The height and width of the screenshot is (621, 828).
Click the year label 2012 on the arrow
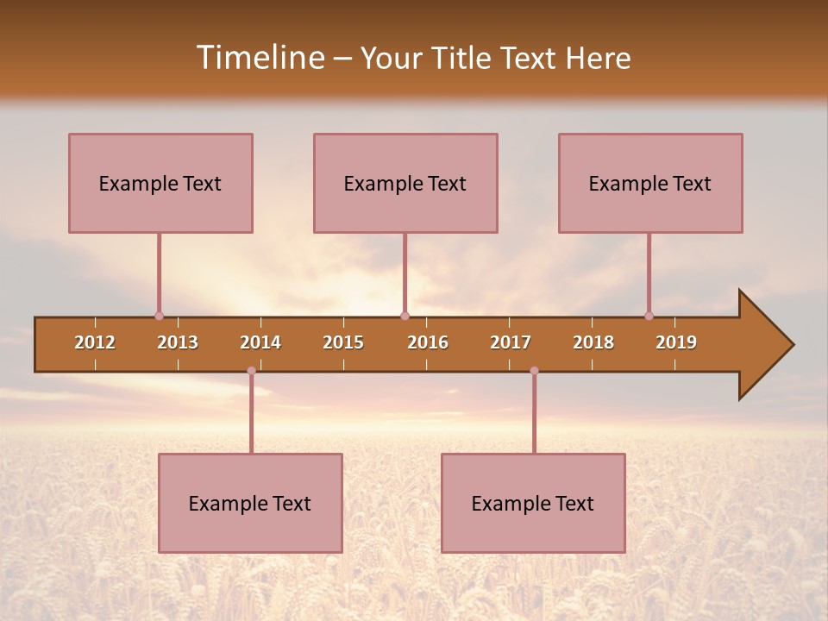tap(95, 342)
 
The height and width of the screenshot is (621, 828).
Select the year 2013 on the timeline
tap(178, 342)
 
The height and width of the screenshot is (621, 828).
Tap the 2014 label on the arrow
tap(260, 342)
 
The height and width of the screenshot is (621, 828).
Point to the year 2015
tap(343, 342)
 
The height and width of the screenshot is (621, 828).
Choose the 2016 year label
tap(428, 342)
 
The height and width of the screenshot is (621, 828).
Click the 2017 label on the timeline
tap(511, 342)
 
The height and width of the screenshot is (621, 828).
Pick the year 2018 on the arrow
tap(593, 342)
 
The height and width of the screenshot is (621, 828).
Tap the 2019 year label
tap(676, 342)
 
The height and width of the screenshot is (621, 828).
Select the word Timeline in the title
tap(259, 58)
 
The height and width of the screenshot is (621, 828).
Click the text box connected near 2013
tap(160, 183)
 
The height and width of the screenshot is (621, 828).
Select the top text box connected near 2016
tap(405, 183)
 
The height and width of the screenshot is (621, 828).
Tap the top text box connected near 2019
tap(650, 183)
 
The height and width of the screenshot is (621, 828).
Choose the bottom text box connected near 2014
tap(250, 503)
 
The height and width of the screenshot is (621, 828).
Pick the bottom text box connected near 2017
tap(533, 503)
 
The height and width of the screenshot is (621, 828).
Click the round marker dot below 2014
tap(251, 371)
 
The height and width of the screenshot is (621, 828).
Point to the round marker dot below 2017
tap(534, 371)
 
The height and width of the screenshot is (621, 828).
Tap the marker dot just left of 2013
tap(159, 316)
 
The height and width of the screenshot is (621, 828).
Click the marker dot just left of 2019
tap(649, 316)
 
